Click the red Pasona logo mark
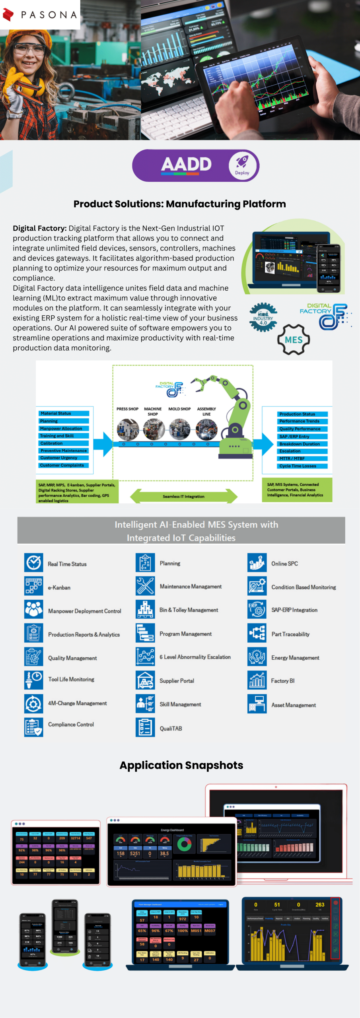click(8, 15)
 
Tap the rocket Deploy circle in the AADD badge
click(242, 165)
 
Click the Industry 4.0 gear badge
click(263, 317)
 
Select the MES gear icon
click(294, 340)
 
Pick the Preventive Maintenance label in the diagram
click(64, 451)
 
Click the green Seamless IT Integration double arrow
click(183, 496)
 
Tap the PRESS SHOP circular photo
click(128, 429)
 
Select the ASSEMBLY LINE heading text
click(206, 411)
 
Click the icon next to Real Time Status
click(34, 563)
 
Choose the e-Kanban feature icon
click(34, 587)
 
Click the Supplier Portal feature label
click(177, 681)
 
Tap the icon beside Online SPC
click(257, 563)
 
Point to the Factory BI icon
click(257, 680)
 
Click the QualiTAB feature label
click(171, 729)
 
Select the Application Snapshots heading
click(181, 765)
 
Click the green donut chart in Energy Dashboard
click(184, 844)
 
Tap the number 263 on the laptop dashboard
click(320, 905)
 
